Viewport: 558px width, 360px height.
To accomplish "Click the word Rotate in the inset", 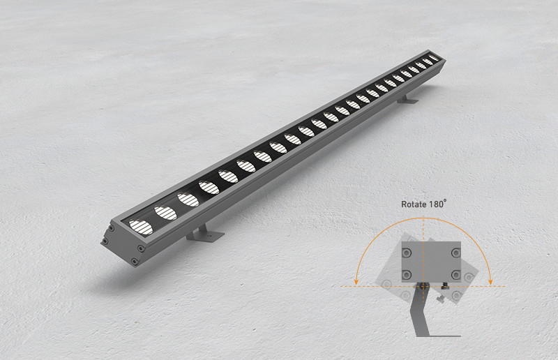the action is coord(414,204).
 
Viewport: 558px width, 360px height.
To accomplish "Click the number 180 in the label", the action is coord(437,204).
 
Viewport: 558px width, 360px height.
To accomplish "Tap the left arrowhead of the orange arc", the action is coord(356,282).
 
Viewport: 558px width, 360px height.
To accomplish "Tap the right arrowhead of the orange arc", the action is coord(490,281).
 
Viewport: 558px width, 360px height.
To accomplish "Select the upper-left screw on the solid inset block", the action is coord(407,253).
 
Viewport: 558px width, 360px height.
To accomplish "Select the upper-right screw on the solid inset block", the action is coord(456,253).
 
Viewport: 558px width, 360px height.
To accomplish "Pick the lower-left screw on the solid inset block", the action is coord(407,275).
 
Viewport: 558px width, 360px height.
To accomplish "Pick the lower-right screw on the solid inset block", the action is coord(456,275).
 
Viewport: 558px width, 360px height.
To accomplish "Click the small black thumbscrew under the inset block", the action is coord(444,285).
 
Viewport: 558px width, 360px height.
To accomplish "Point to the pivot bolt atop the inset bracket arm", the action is coord(423,286).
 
